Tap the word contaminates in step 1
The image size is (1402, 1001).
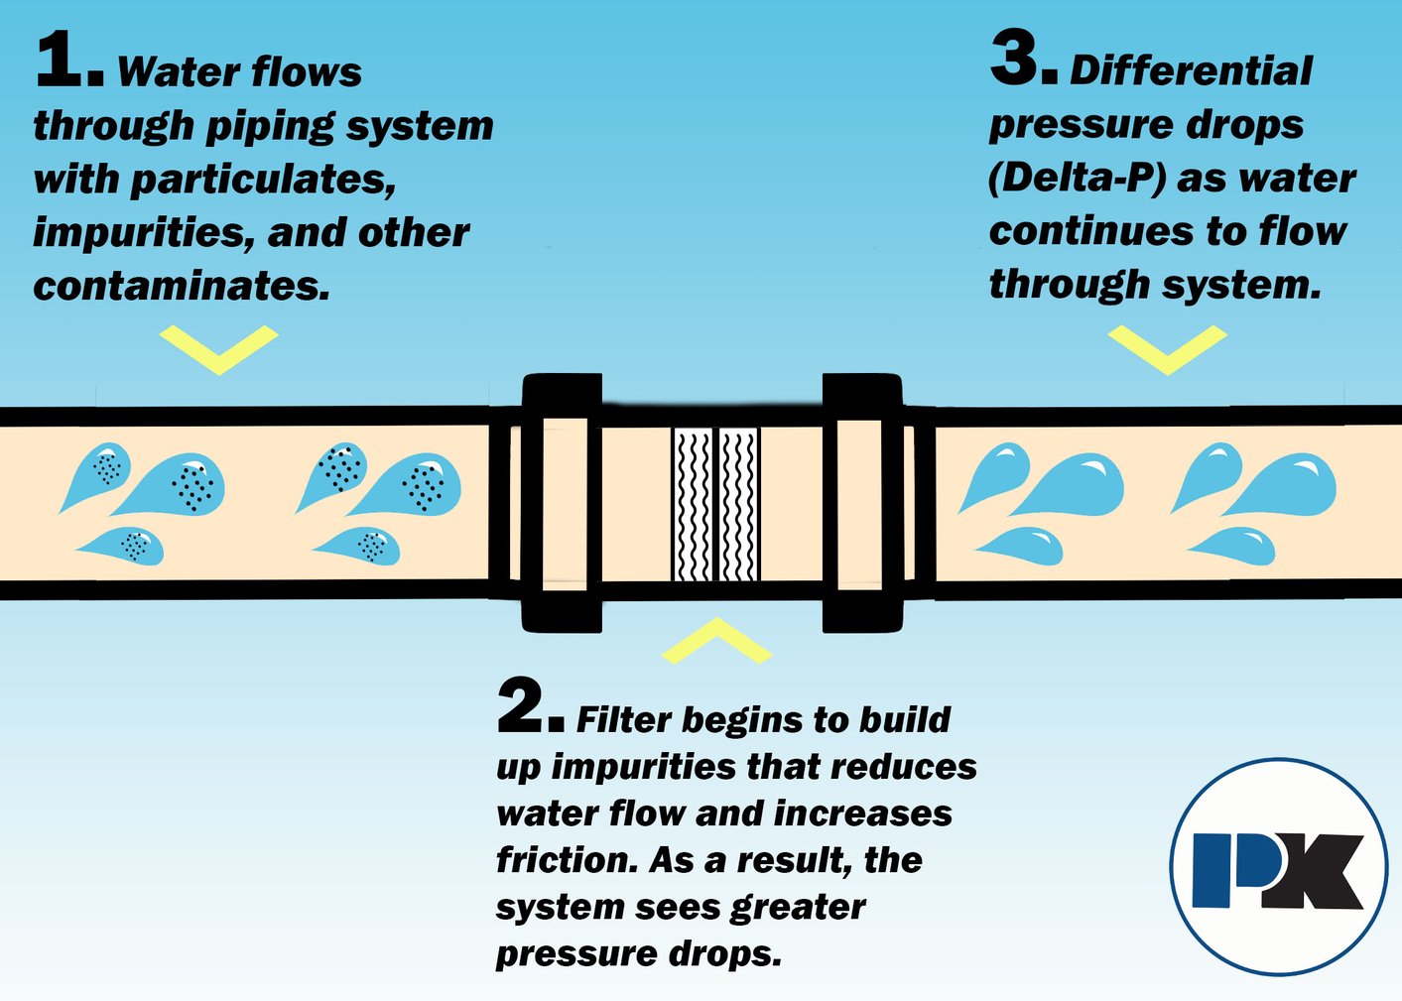(180, 286)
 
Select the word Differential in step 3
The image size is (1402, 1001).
(1191, 71)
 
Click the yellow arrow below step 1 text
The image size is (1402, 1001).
(218, 349)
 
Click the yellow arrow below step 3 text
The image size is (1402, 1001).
(1167, 349)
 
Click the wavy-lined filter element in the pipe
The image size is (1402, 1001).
(716, 504)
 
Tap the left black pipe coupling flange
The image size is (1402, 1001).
(562, 503)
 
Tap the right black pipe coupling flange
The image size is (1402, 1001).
(862, 503)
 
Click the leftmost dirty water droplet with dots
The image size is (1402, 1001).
(95, 473)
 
